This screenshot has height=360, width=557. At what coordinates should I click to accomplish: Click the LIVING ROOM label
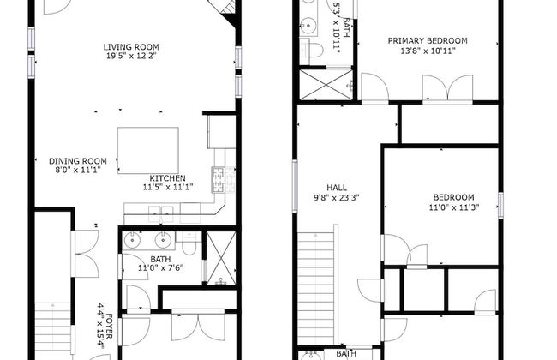[131, 47]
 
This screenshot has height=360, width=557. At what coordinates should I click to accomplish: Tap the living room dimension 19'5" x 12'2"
[131, 56]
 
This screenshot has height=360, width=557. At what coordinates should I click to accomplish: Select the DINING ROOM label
[78, 161]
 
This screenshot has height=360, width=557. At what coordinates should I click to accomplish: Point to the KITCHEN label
[167, 178]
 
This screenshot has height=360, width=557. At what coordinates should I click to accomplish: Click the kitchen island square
[148, 151]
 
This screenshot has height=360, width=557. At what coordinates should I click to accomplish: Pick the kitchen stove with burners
[224, 180]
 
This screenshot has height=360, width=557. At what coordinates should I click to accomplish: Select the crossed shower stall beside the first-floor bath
[221, 258]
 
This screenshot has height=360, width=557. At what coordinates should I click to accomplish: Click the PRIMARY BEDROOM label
[428, 40]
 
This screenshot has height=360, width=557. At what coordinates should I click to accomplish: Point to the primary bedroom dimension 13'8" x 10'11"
[428, 51]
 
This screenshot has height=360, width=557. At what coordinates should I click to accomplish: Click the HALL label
[337, 188]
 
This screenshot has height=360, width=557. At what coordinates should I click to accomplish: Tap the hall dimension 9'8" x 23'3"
[337, 198]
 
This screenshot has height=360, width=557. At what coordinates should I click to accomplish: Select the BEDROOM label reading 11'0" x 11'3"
[453, 197]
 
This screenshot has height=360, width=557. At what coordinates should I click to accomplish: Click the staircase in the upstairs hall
[316, 288]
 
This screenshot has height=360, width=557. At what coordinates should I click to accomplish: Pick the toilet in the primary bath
[311, 50]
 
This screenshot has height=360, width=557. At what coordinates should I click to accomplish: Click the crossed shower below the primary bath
[326, 85]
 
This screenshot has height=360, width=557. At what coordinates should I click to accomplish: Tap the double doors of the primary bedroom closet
[447, 88]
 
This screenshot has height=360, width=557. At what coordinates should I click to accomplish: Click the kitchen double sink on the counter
[161, 214]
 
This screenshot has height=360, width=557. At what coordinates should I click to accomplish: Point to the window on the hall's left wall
[295, 186]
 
